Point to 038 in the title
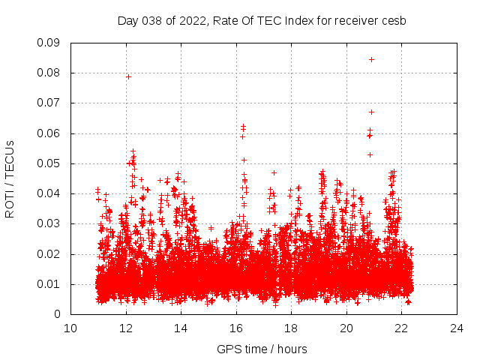click(x=153, y=21)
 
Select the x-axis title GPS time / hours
click(x=262, y=349)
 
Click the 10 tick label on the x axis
click(x=70, y=328)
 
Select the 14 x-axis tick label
click(x=181, y=328)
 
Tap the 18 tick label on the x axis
click(x=291, y=328)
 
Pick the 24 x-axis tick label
click(x=457, y=328)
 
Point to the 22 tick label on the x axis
click(x=401, y=328)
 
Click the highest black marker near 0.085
click(x=371, y=59)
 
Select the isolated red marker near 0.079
click(x=128, y=76)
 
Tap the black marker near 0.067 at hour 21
click(x=371, y=112)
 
